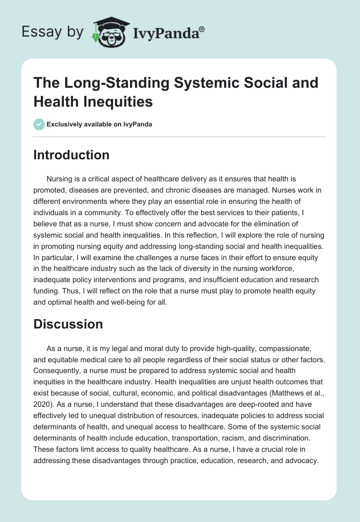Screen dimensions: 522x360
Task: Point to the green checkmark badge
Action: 39,125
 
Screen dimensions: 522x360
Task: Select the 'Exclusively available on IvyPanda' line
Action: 99,125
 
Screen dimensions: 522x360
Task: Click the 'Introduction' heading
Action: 72,155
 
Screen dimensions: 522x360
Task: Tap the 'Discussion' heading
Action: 68,324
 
